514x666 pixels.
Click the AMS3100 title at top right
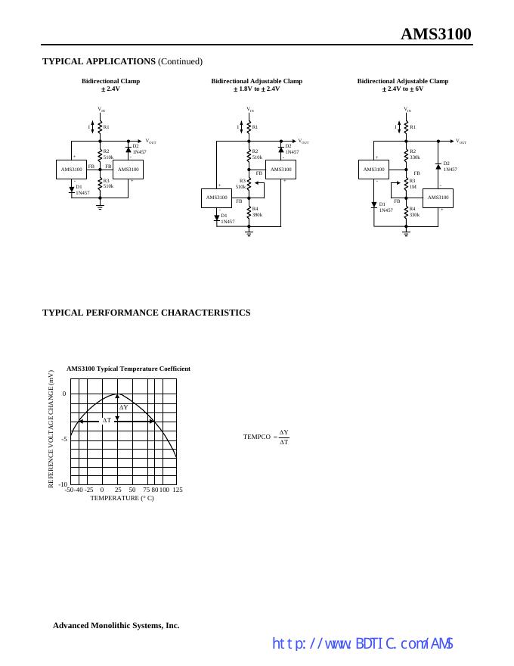click(x=435, y=34)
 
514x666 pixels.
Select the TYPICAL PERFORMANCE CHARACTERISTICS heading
click(x=146, y=313)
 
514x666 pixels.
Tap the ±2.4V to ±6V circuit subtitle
click(x=403, y=89)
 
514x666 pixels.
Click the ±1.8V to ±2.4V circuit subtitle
click(x=257, y=89)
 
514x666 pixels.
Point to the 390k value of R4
click(x=258, y=215)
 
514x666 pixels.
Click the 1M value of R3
click(x=413, y=186)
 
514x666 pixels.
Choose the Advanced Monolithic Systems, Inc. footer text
click(x=116, y=625)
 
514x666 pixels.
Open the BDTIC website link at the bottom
click(x=362, y=644)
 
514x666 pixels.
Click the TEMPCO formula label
click(x=256, y=437)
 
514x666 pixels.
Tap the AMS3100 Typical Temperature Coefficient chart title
click(x=128, y=369)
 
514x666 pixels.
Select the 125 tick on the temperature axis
click(x=178, y=490)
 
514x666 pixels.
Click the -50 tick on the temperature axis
click(x=69, y=490)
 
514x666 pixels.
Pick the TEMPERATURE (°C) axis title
click(x=122, y=499)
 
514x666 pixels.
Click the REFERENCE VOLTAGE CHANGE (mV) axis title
click(x=51, y=428)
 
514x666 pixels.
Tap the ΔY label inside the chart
click(x=124, y=407)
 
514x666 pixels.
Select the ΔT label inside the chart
click(x=107, y=420)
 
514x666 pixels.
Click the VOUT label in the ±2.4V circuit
click(x=151, y=141)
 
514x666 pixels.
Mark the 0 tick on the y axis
click(x=64, y=394)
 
